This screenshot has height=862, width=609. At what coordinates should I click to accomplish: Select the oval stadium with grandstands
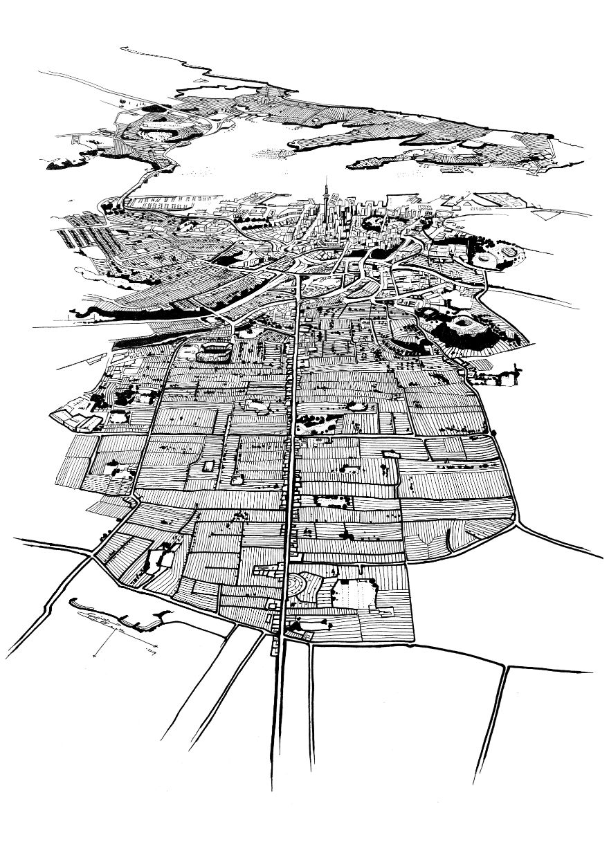coord(212,353)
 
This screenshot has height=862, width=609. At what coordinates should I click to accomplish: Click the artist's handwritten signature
coord(111,626)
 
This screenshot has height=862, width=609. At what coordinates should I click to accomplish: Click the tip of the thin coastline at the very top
coord(122,48)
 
